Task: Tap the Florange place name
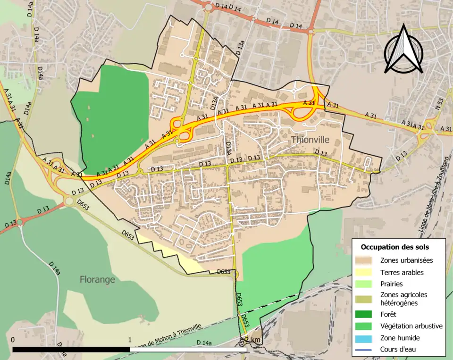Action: pyautogui.click(x=97, y=279)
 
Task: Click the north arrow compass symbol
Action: pyautogui.click(x=403, y=50)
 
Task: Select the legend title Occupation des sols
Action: pyautogui.click(x=395, y=247)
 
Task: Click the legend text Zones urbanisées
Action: pyautogui.click(x=406, y=260)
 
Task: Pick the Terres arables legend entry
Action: pyautogui.click(x=402, y=272)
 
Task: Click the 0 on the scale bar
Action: pyautogui.click(x=12, y=340)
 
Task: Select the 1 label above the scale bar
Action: pyautogui.click(x=130, y=340)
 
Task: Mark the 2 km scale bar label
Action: pyautogui.click(x=252, y=340)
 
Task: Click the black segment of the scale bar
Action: pyautogui.click(x=71, y=350)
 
